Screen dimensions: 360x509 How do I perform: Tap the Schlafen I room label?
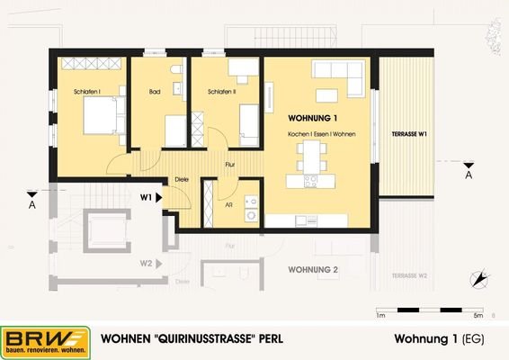(87, 91)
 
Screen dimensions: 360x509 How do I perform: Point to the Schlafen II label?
(222, 91)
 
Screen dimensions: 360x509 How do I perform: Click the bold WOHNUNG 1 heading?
(312, 119)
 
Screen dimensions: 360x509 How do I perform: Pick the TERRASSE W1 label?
(409, 133)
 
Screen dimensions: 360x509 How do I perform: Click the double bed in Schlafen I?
(99, 116)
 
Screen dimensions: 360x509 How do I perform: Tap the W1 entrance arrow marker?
(159, 195)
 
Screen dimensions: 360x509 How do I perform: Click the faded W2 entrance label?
(145, 265)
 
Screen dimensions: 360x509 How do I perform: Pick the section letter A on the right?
(469, 175)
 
